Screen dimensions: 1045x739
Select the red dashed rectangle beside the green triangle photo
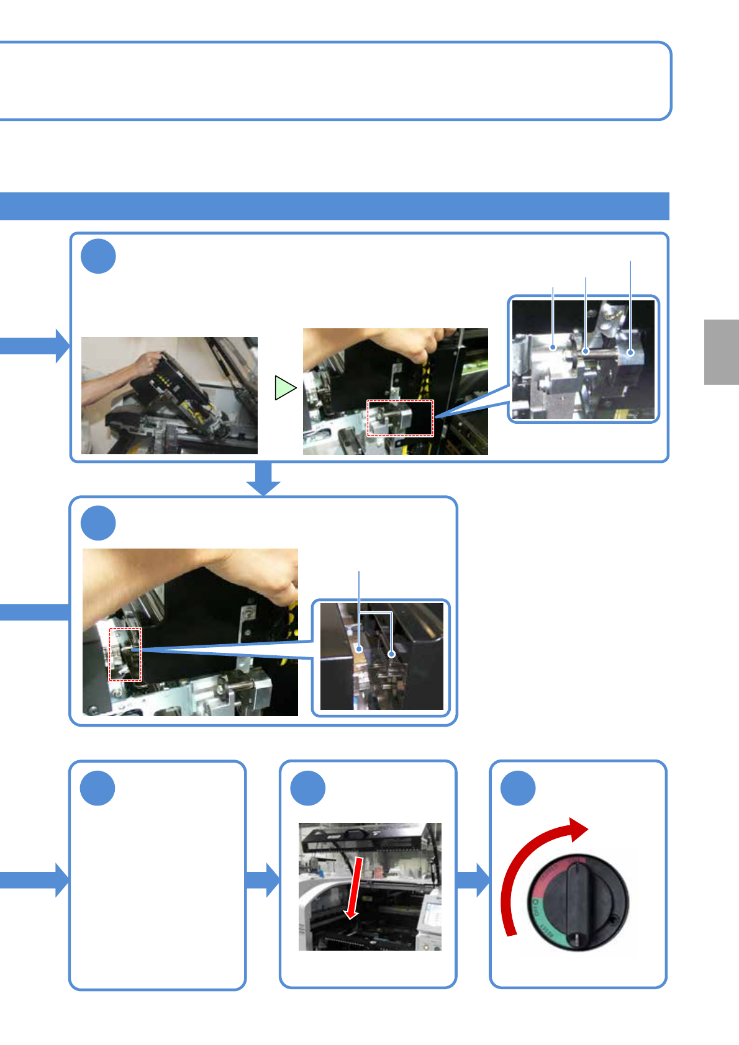400,418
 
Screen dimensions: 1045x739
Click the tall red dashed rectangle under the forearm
125,654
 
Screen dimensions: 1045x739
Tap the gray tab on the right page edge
721,352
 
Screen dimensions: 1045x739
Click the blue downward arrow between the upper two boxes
264,479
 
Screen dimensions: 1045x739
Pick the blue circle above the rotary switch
518,788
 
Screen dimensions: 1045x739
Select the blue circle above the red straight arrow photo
308,788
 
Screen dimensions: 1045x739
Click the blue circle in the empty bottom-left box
98,788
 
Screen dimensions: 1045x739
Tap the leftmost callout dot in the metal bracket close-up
553,348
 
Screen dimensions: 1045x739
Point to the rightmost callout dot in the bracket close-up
630,353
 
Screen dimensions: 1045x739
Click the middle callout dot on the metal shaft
586,351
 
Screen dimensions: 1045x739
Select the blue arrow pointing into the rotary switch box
473,879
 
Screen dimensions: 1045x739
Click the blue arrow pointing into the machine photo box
263,879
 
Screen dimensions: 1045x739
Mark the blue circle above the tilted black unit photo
98,256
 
